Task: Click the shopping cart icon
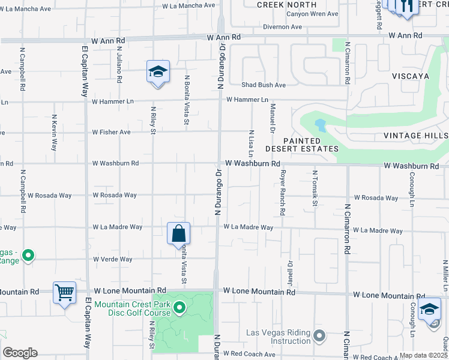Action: click(64, 293)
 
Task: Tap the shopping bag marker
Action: click(179, 233)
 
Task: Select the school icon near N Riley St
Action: click(158, 72)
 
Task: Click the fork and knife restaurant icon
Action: click(406, 6)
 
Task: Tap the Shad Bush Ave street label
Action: click(264, 85)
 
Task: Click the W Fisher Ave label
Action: click(111, 132)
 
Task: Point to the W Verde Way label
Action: click(112, 259)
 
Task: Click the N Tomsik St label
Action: click(315, 188)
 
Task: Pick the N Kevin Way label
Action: click(55, 133)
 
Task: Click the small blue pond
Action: click(319, 125)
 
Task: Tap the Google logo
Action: click(20, 353)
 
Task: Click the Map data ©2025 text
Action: click(423, 355)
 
